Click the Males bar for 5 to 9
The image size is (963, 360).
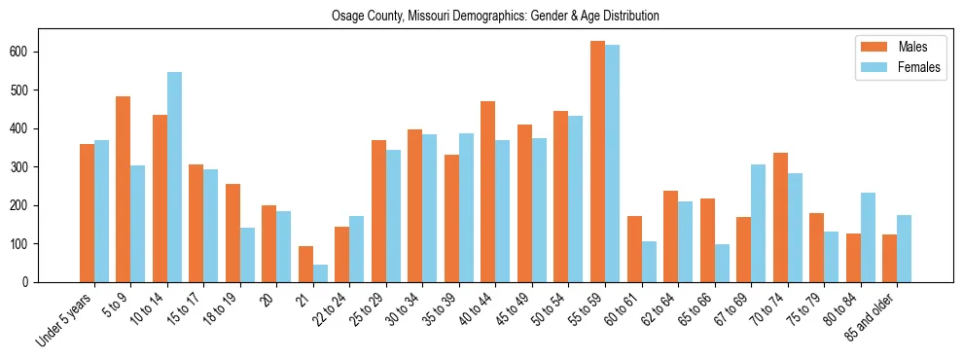(x=123, y=189)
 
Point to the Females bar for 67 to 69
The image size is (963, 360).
(x=758, y=223)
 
